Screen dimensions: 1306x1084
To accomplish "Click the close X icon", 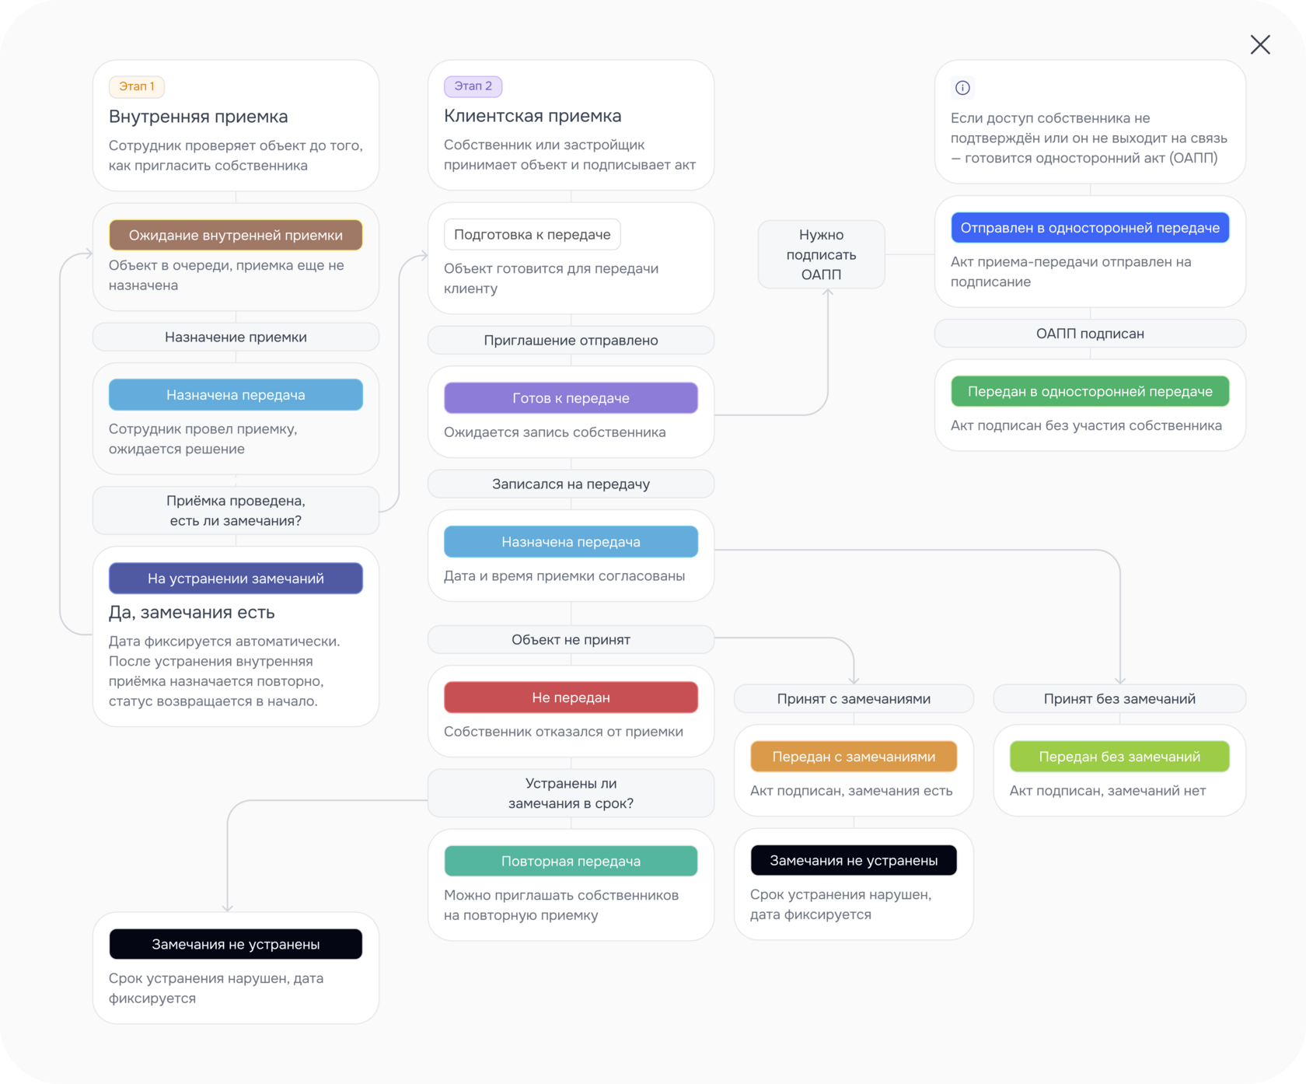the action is point(1260,44).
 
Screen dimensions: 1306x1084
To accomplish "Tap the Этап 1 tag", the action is point(137,86).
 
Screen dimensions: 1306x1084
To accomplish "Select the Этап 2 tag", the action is point(473,86).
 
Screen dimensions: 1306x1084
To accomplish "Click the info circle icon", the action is point(962,88).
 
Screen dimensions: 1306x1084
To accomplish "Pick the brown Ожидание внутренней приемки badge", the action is point(236,236).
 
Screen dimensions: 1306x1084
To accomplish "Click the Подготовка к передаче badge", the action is point(533,235).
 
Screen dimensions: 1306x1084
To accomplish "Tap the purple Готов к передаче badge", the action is point(571,398).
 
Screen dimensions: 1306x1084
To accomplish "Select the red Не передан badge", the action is point(571,698).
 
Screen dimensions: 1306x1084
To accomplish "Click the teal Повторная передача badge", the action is point(571,861).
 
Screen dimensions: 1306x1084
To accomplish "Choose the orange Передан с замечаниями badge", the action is point(854,757).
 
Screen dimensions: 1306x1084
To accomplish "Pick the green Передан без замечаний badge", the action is point(1119,757).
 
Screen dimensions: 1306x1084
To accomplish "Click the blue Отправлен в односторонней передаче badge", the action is point(1090,228).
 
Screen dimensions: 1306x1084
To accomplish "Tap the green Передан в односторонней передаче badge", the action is point(1090,391).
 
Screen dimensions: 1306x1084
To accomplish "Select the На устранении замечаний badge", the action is point(236,579).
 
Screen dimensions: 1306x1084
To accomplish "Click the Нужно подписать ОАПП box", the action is point(821,254).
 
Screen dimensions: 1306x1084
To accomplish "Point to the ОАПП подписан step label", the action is point(1090,334).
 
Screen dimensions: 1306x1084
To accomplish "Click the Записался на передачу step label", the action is point(571,484).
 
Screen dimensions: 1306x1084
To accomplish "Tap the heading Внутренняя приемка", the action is point(198,117).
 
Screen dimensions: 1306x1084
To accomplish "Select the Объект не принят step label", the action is point(571,639).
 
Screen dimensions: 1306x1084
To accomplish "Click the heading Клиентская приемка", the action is point(533,116).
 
